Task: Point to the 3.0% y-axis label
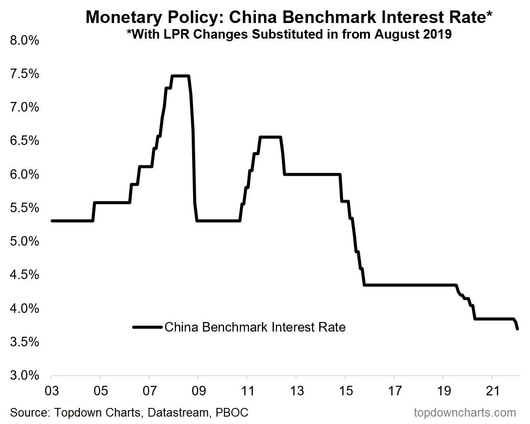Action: click(x=24, y=376)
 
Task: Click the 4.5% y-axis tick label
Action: click(x=24, y=275)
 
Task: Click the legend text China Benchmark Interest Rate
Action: click(x=255, y=327)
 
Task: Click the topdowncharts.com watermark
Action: click(x=465, y=412)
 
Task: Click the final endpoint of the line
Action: click(x=517, y=329)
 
